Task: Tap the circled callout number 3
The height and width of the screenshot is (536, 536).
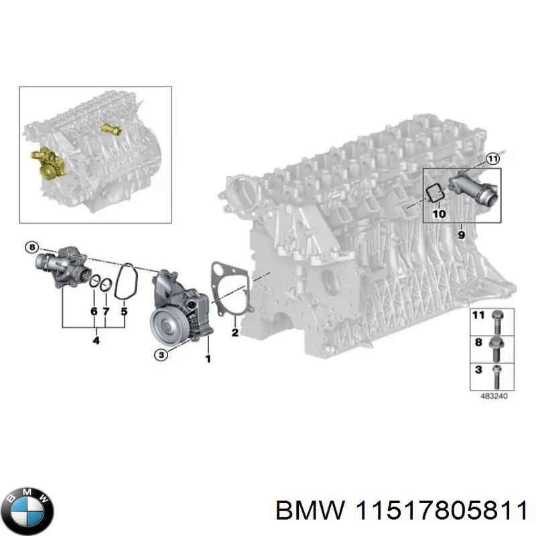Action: click(x=160, y=355)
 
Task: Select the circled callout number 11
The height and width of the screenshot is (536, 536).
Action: click(x=493, y=159)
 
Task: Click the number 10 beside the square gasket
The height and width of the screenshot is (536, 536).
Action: click(x=438, y=214)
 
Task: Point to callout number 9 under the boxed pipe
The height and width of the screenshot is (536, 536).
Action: click(x=461, y=234)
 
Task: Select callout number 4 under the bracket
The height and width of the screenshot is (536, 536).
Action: click(x=96, y=340)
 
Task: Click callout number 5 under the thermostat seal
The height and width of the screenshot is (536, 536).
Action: click(x=124, y=311)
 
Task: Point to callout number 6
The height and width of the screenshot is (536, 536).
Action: click(x=94, y=311)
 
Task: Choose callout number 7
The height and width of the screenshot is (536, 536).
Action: click(x=106, y=311)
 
